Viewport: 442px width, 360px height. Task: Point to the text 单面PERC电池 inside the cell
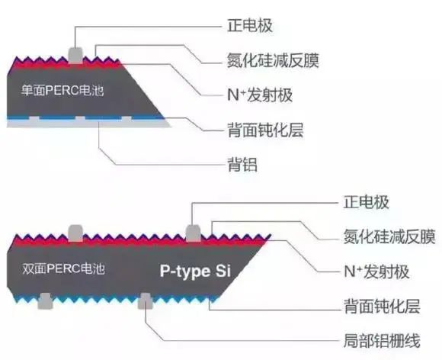point(57,91)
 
